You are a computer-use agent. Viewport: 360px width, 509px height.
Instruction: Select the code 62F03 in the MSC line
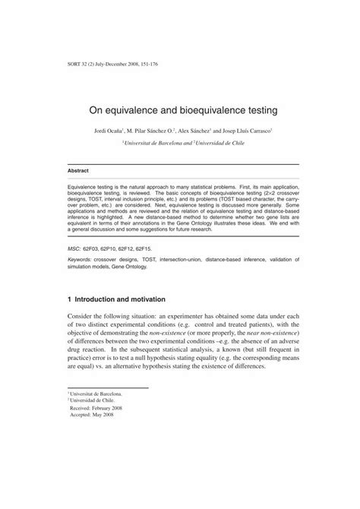(97, 248)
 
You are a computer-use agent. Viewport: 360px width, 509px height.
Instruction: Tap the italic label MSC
(74, 248)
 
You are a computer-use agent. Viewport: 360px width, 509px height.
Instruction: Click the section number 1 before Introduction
(70, 300)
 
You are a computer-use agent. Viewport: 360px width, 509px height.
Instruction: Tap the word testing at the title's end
(254, 110)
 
